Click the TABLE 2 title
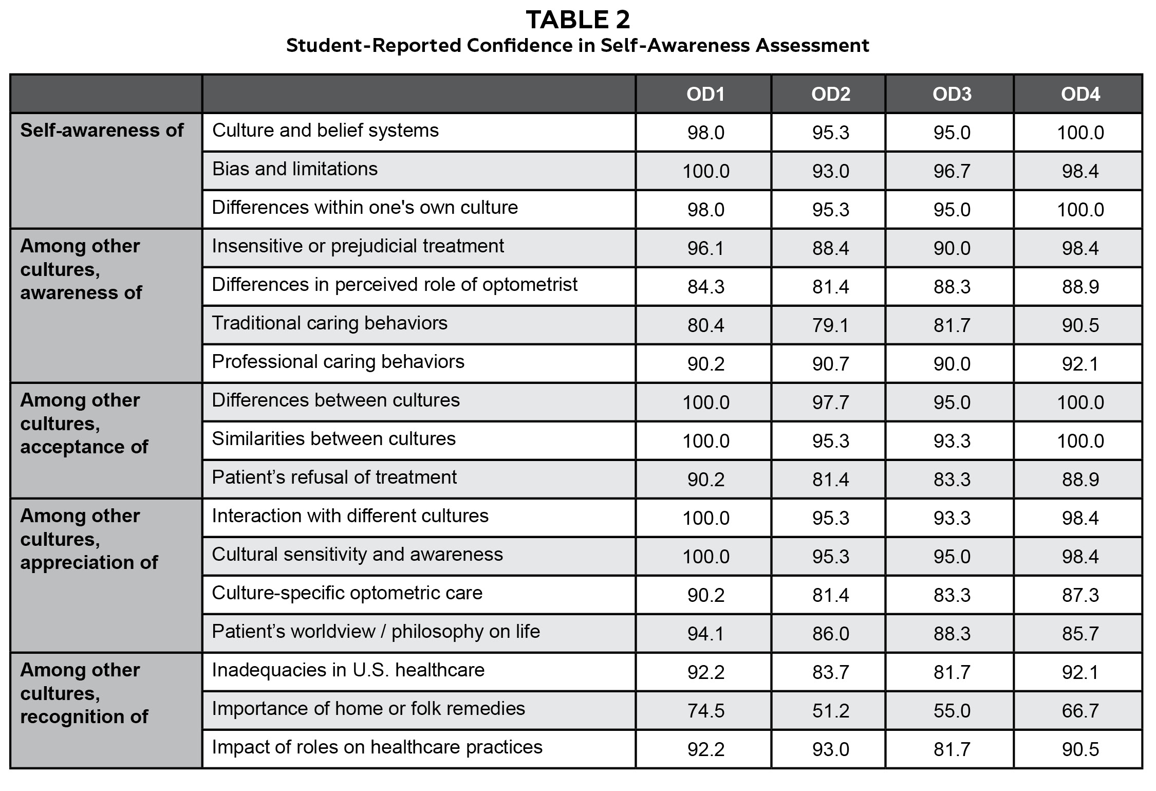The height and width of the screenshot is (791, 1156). click(577, 21)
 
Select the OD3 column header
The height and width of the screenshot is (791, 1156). click(952, 94)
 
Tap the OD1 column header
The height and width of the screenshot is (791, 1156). click(705, 94)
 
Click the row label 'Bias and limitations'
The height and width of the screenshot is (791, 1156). click(294, 169)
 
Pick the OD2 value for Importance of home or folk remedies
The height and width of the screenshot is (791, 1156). click(830, 711)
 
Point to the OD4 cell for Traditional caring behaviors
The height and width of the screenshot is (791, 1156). click(1080, 325)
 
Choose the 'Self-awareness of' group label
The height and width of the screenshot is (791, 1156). click(102, 131)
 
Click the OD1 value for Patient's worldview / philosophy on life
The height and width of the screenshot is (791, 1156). click(705, 634)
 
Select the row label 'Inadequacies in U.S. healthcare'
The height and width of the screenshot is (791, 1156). click(348, 670)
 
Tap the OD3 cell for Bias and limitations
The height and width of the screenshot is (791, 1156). click(952, 171)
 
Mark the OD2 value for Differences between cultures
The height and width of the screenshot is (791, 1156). click(830, 402)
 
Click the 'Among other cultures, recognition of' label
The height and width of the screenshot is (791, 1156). click(84, 693)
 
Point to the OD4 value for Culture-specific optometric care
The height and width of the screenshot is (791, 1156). click(1080, 595)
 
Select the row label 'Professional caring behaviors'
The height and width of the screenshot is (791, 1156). click(338, 362)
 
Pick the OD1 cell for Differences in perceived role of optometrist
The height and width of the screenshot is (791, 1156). click(705, 287)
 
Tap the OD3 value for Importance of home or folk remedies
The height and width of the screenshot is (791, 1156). click(952, 711)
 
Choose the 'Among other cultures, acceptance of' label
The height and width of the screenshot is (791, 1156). click(84, 424)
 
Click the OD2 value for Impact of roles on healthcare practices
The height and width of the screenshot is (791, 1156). click(830, 749)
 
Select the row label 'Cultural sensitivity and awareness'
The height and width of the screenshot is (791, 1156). click(357, 555)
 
